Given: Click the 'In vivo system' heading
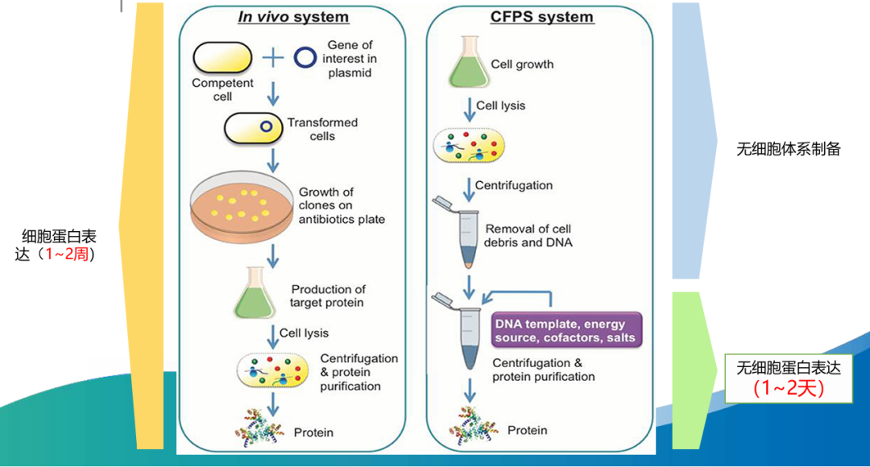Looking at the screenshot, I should click(293, 17).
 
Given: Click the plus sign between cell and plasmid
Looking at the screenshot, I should click(273, 57).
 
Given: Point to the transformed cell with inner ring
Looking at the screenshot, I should click(251, 128).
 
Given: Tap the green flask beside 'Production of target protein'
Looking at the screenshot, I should click(255, 295).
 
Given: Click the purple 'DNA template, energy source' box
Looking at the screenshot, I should click(566, 331).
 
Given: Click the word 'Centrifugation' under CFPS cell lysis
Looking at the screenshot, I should click(514, 186).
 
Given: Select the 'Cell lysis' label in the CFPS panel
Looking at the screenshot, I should click(501, 105).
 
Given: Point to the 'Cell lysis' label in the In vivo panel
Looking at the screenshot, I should click(304, 333).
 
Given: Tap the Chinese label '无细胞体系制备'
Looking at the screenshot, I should click(788, 150).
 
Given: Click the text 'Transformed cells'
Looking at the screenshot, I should click(322, 129).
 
